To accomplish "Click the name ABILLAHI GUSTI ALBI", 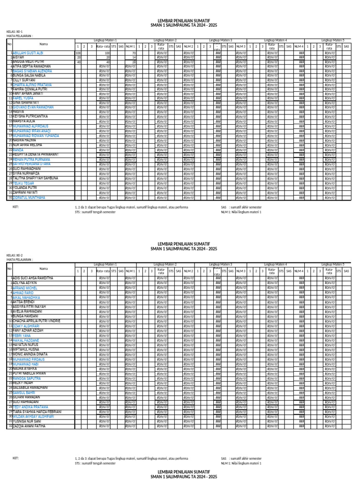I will [28, 53].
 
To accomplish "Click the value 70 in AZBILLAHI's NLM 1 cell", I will [134, 53].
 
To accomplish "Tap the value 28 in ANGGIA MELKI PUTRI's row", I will [134, 62].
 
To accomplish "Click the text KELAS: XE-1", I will [14, 31].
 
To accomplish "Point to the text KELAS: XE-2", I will [14, 255].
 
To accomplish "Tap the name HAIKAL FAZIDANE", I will [26, 340].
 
